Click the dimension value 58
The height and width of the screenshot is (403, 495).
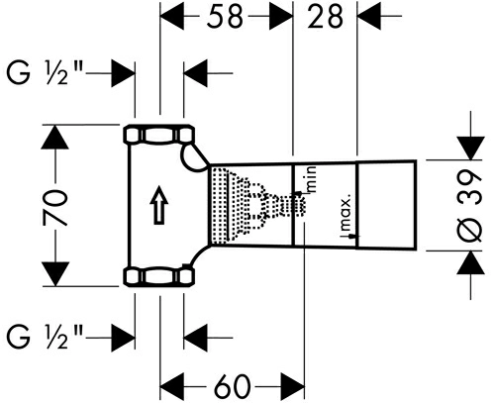coord(225,16)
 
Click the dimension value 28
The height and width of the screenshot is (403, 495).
coord(325,16)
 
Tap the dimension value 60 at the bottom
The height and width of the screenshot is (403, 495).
coord(232,386)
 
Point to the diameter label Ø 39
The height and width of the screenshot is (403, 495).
coord(470,206)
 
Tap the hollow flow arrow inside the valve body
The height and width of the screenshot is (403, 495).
coord(160,205)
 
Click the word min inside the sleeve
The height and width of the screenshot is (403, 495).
coord(312,179)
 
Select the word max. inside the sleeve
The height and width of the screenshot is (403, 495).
coord(346,215)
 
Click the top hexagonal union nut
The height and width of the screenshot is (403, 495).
coord(159,135)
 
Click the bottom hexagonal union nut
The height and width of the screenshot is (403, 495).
coord(159,276)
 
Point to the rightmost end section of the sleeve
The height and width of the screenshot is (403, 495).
coord(386,204)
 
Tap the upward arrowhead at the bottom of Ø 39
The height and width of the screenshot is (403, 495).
coord(471,262)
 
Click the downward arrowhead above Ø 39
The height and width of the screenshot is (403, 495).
coord(471,148)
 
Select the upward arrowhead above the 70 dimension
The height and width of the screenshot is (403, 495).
coord(55,137)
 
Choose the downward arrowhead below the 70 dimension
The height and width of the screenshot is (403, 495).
coord(55,274)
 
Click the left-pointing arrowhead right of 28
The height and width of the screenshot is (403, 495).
coord(369,16)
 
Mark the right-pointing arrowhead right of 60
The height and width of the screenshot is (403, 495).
coord(292,386)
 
